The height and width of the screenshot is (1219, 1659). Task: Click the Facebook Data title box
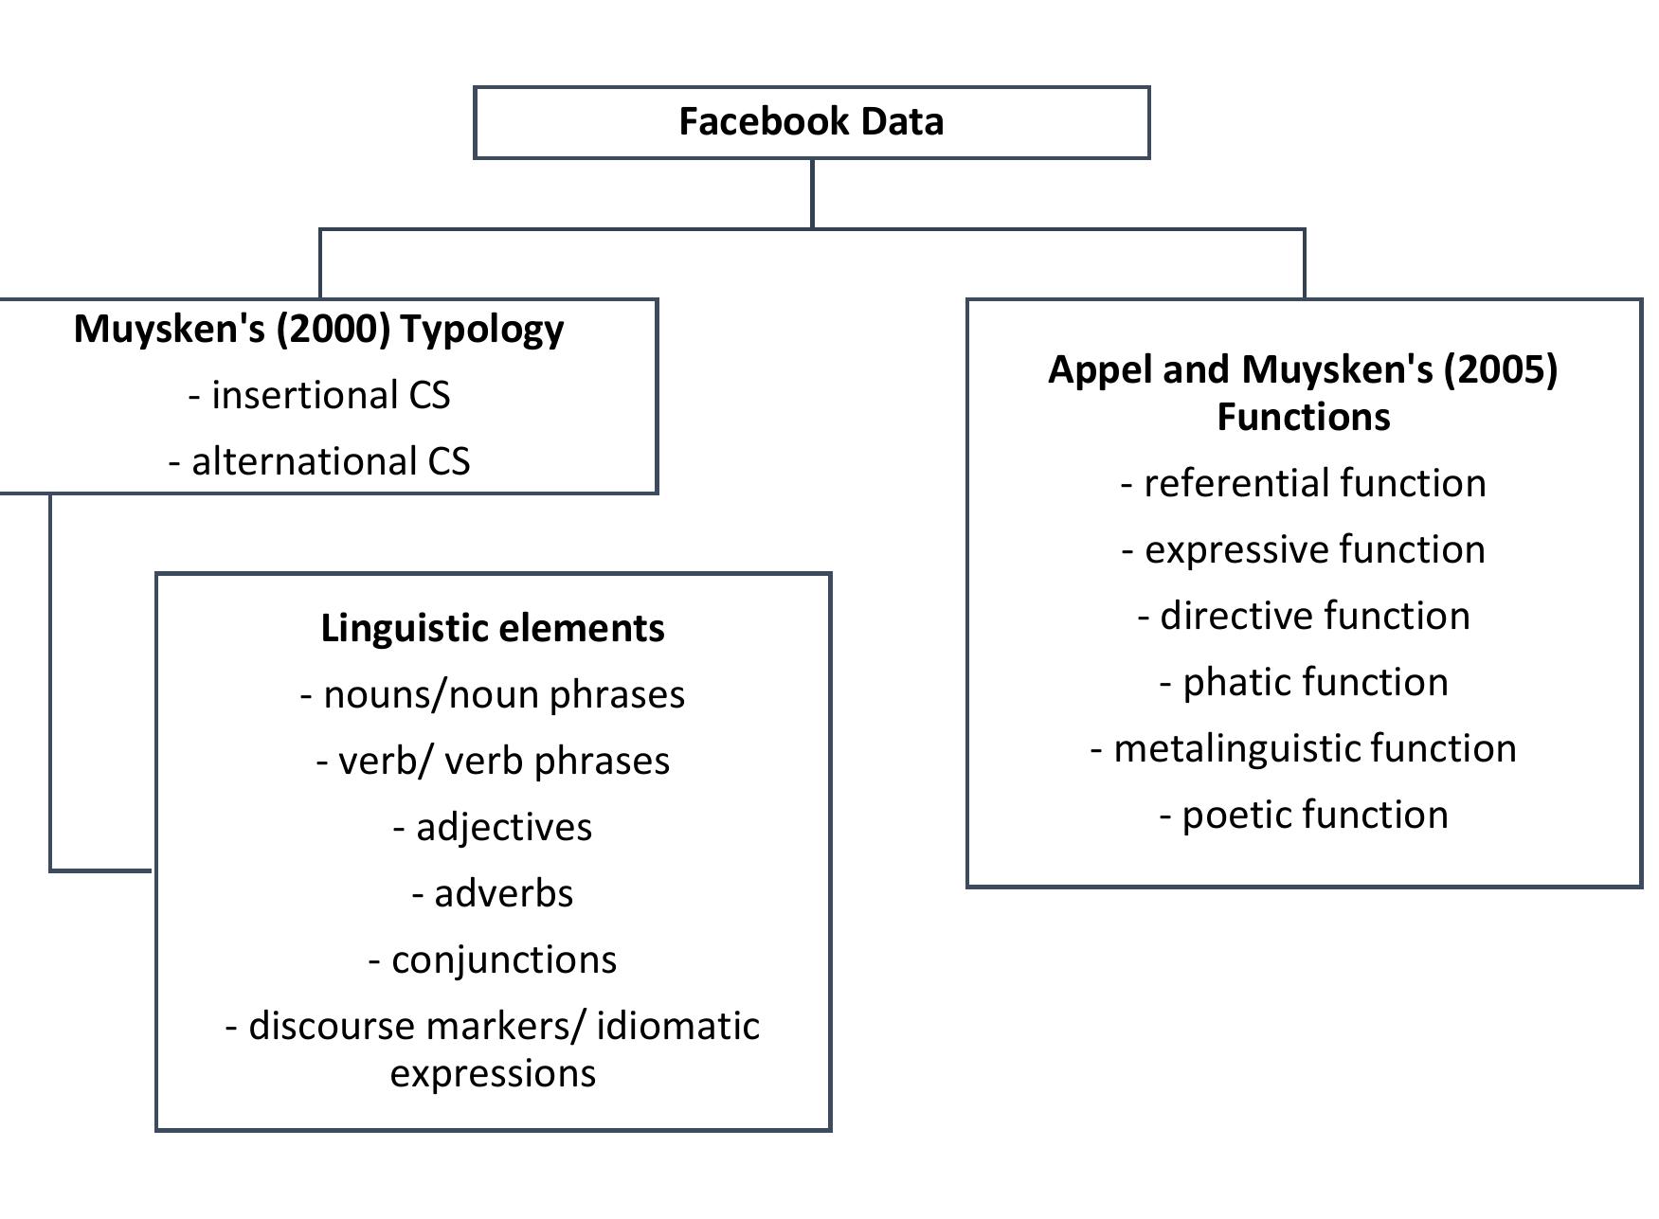coord(811,122)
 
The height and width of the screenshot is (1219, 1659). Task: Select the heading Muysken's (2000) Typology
coord(318,329)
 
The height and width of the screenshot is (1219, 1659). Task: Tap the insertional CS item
coord(319,395)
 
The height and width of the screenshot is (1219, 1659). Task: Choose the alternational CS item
coord(319,461)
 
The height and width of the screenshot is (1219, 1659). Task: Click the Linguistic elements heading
coord(493,628)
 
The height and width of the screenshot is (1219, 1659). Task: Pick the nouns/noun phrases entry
coord(493,694)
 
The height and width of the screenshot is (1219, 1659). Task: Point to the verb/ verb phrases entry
coord(493,761)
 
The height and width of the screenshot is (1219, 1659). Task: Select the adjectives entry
coord(493,827)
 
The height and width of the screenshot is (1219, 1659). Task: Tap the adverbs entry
coord(493,893)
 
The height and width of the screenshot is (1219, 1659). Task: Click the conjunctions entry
coord(493,959)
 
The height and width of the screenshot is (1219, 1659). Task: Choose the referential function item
coord(1304,483)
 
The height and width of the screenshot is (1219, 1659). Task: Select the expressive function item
coord(1304,549)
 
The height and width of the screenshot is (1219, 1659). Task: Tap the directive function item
coord(1304,616)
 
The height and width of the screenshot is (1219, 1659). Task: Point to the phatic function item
coord(1304,682)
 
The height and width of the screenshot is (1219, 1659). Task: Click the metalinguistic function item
coord(1304,748)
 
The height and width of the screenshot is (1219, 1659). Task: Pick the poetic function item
coord(1304,815)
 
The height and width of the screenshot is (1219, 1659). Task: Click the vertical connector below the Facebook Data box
coord(812,193)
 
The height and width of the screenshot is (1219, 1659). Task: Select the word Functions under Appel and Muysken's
coord(1304,417)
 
